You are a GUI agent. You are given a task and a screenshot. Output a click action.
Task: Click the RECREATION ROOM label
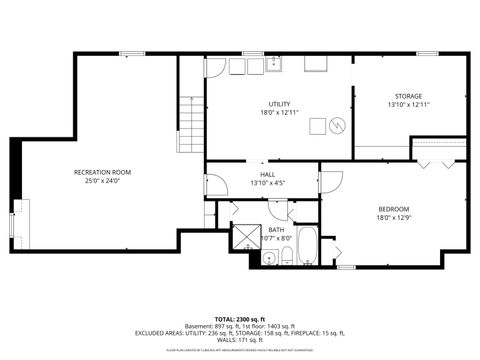(103, 172)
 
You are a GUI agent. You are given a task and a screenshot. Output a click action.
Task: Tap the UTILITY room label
(279, 104)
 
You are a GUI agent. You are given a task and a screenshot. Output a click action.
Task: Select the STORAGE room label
(408, 96)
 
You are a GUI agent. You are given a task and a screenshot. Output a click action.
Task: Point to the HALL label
(268, 174)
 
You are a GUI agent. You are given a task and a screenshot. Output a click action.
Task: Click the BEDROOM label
(393, 209)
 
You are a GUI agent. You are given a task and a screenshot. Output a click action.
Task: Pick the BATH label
(277, 229)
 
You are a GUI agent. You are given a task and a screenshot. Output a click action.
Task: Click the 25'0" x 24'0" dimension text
(103, 182)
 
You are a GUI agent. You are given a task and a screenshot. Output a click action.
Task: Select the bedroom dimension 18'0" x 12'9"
(393, 218)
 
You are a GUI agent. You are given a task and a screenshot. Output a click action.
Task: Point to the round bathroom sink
(269, 259)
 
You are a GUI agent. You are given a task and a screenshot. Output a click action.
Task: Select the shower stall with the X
(246, 237)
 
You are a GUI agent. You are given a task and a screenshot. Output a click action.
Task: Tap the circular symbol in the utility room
(337, 125)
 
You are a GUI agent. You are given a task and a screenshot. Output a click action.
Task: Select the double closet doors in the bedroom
(439, 157)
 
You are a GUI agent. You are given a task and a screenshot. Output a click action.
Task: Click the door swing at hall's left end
(213, 185)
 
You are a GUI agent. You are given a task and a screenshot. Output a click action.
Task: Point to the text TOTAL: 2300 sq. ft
(240, 317)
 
